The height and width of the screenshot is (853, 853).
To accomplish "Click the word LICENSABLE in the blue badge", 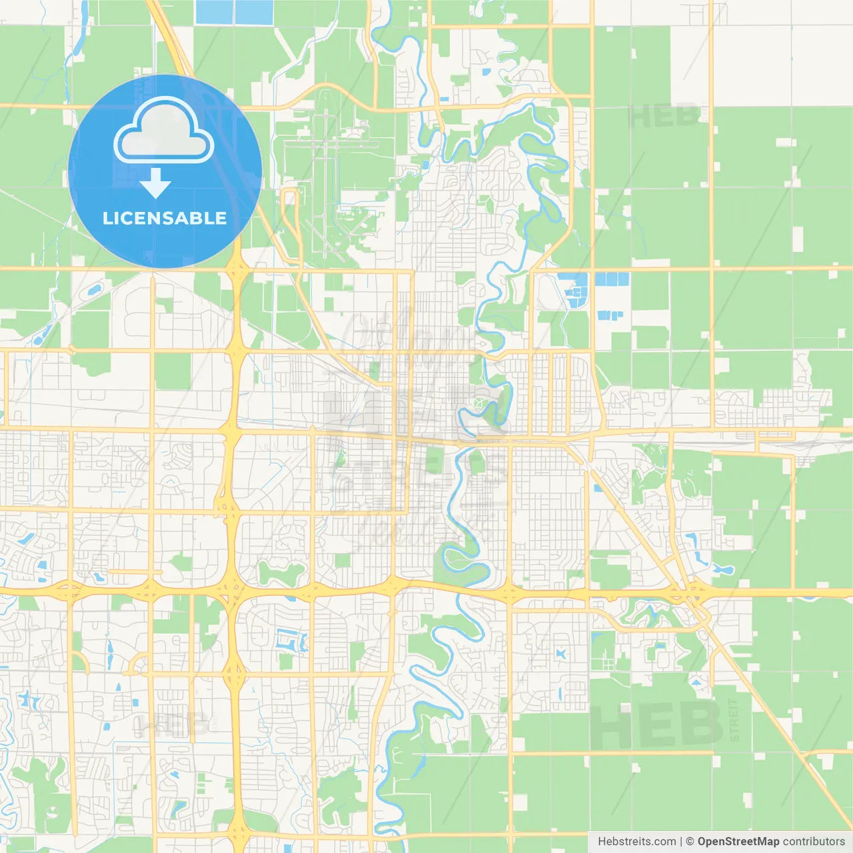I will tap(165, 218).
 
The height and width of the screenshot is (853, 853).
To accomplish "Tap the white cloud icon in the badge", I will tap(164, 131).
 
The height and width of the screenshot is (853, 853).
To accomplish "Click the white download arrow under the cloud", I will tap(155, 183).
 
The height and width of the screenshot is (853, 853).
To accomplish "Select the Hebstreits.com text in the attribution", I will tap(636, 842).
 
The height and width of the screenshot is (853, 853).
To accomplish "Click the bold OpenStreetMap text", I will tap(738, 842).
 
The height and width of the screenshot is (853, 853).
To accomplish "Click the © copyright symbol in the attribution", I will tap(690, 842).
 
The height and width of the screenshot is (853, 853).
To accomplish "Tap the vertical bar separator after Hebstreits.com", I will tap(680, 842).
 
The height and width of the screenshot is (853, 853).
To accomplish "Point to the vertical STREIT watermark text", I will tap(734, 720).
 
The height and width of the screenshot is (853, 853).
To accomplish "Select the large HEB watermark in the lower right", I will tap(656, 725).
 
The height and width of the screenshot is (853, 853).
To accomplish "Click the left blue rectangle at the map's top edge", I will tap(215, 13).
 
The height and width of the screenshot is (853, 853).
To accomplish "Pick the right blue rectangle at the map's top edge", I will tap(254, 13).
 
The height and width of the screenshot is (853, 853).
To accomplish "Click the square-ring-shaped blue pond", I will tap(291, 642).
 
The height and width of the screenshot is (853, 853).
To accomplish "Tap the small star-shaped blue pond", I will tap(561, 654).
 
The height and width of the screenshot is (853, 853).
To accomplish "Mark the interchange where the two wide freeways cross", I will tap(232, 590).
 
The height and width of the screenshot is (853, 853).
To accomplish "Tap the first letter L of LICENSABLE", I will tap(107, 218).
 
